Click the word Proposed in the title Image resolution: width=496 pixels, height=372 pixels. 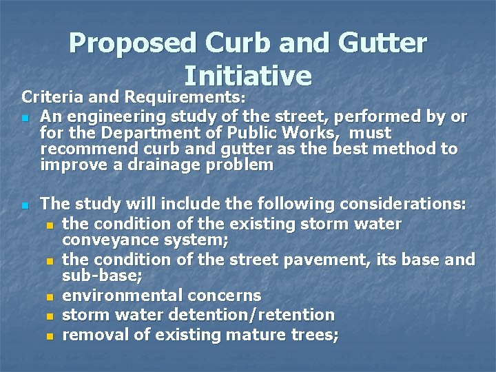pos(130,43)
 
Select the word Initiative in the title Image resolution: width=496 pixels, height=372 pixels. pos(248,75)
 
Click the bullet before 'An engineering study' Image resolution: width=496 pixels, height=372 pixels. pos(25,119)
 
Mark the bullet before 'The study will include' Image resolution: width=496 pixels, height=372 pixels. pos(25,206)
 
